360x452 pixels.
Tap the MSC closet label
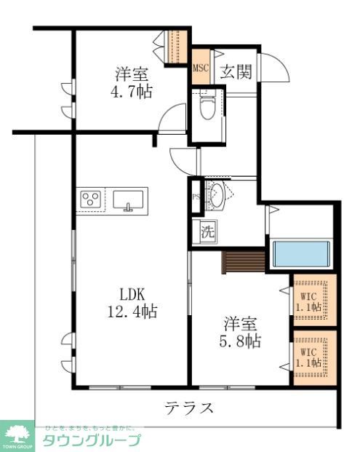pyautogui.click(x=201, y=69)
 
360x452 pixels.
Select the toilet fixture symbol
pyautogui.click(x=208, y=107)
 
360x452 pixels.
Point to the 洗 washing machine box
pyautogui.click(x=207, y=233)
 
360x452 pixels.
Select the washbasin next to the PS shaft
pyautogui.click(x=217, y=195)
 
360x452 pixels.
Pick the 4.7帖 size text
pyautogui.click(x=132, y=92)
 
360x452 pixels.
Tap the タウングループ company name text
pyautogui.click(x=90, y=440)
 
